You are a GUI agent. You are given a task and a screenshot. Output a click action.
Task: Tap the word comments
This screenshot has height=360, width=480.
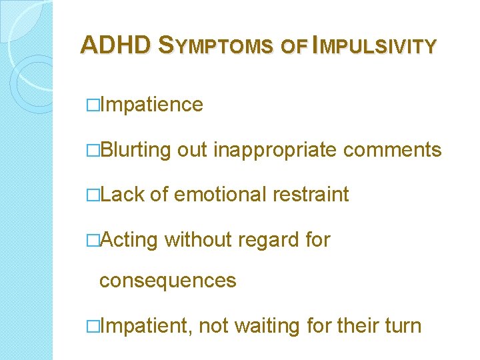393,151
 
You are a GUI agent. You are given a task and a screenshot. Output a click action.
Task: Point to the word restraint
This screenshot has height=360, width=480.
311,195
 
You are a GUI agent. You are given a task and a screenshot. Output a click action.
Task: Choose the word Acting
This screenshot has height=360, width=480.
129,240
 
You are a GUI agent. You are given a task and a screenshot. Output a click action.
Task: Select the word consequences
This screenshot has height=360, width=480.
167,281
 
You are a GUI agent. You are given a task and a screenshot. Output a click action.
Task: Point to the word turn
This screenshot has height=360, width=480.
400,327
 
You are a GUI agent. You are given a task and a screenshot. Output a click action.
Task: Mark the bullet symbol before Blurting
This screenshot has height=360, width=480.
93,151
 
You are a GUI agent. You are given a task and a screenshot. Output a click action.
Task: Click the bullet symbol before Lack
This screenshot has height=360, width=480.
93,195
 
